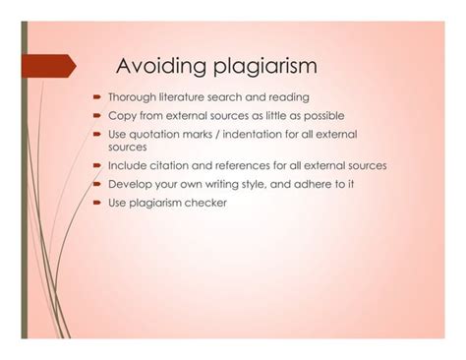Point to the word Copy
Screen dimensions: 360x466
click(120, 116)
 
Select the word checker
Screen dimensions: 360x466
click(205, 203)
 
